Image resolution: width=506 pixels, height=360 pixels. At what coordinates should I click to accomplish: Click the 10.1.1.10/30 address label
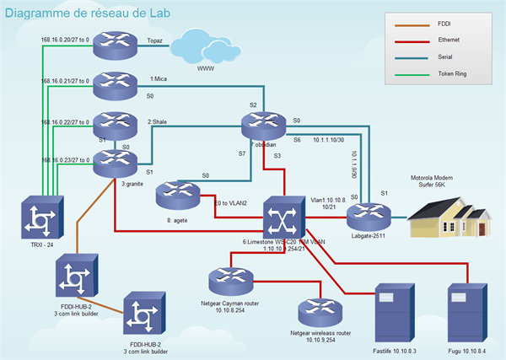tap(330, 141)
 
